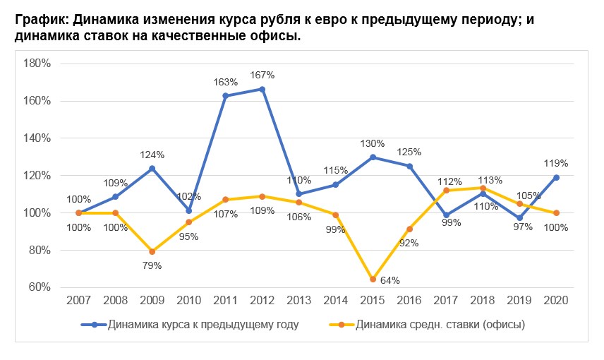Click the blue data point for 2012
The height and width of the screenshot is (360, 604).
[x=262, y=89]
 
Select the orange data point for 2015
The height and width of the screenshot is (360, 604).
[x=373, y=280]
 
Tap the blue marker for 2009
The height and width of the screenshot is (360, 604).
[x=152, y=168]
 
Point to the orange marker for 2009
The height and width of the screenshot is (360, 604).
[x=152, y=251]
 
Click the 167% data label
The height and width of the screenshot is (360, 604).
[x=262, y=75]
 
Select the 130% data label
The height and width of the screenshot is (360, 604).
[x=373, y=143]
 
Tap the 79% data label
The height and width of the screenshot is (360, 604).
[x=152, y=266]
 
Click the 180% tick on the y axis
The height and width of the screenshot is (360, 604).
[x=37, y=64]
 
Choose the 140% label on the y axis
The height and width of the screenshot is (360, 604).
[x=37, y=138]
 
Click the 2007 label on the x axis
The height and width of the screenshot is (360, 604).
[x=78, y=300]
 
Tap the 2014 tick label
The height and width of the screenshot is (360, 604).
[x=336, y=300]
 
